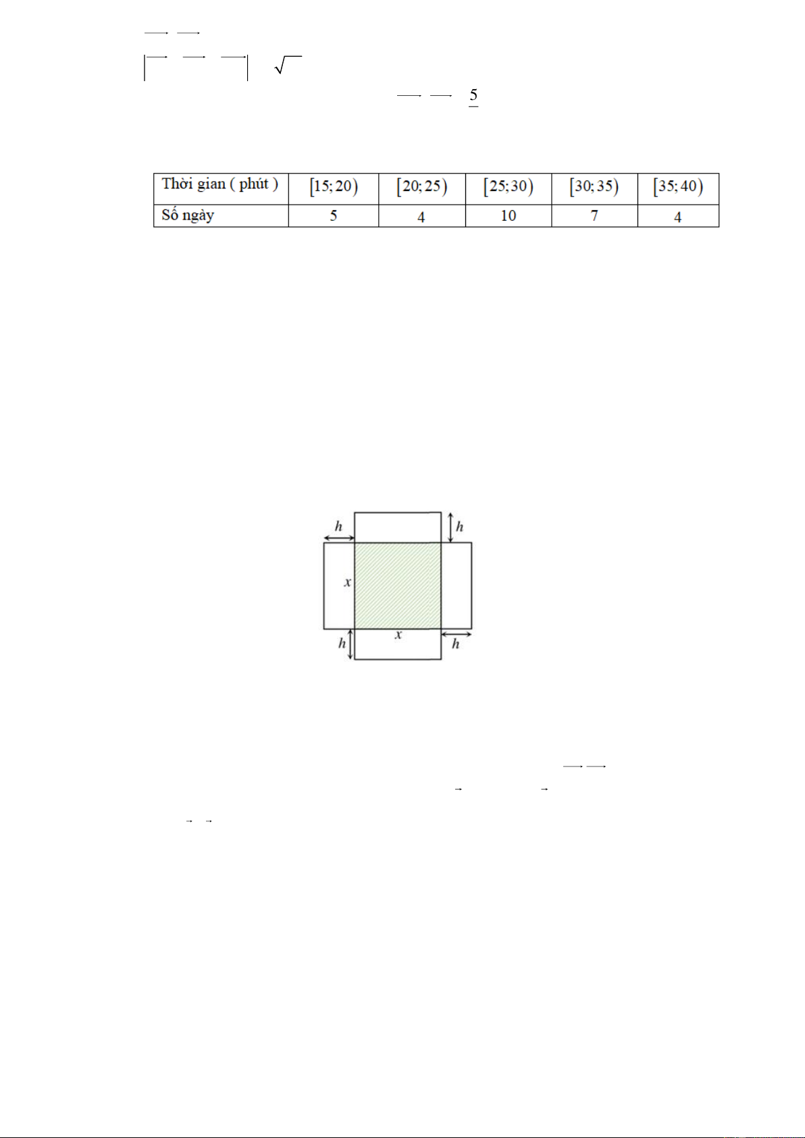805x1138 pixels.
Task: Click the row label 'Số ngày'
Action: click(x=188, y=215)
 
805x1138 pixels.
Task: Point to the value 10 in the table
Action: click(x=509, y=216)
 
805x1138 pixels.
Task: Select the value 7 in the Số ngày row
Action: click(x=594, y=216)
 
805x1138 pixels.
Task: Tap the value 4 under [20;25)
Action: click(x=421, y=217)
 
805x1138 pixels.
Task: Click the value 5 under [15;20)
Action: click(x=333, y=216)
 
